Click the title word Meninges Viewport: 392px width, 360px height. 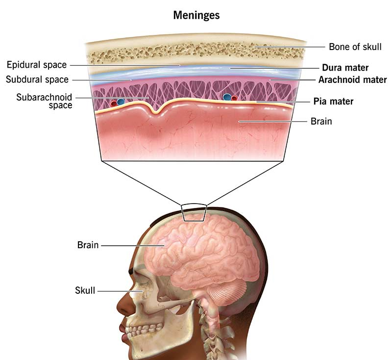[x=196, y=15]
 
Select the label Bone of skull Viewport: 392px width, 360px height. [x=355, y=47]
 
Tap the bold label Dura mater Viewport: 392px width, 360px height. [x=345, y=68]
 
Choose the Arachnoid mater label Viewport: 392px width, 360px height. [x=352, y=79]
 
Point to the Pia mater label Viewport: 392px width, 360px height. [x=333, y=102]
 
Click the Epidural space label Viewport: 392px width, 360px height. [x=37, y=65]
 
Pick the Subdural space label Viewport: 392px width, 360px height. [x=37, y=79]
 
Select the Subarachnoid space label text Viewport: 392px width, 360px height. [x=44, y=101]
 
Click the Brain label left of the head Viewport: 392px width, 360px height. [x=88, y=245]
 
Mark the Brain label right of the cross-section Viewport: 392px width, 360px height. [x=321, y=121]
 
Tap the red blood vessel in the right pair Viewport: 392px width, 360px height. [x=234, y=98]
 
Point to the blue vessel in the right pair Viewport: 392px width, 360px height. [x=227, y=97]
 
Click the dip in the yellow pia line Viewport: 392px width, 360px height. [x=156, y=111]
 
